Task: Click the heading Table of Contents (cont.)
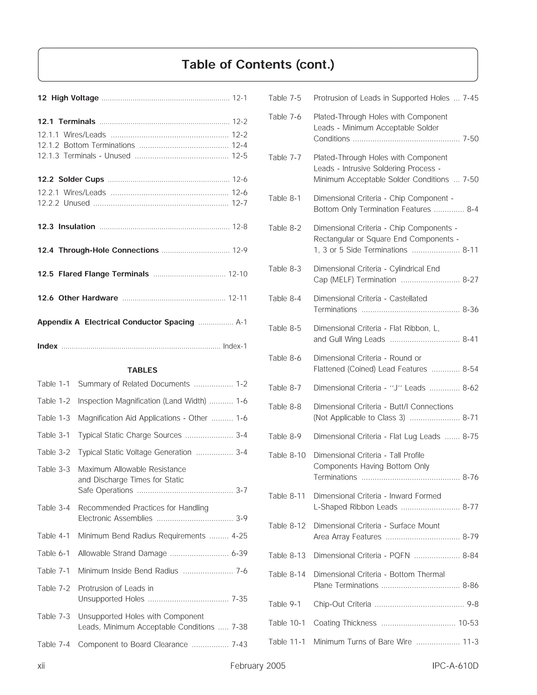click(258, 65)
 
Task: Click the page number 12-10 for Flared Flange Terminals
click(238, 274)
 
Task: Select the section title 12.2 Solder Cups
click(71, 179)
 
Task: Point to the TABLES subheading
click(142, 370)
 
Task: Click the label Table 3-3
click(53, 469)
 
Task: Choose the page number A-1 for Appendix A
click(241, 322)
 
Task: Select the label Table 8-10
click(287, 455)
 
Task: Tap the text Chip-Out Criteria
click(342, 604)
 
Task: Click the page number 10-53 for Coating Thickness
click(468, 623)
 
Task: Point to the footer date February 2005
click(258, 666)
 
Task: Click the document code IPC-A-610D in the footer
click(455, 666)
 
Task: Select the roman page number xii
click(41, 666)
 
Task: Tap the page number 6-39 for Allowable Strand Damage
click(239, 553)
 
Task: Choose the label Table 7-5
click(284, 98)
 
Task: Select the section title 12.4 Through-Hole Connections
click(98, 250)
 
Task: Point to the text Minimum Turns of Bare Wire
click(362, 641)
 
